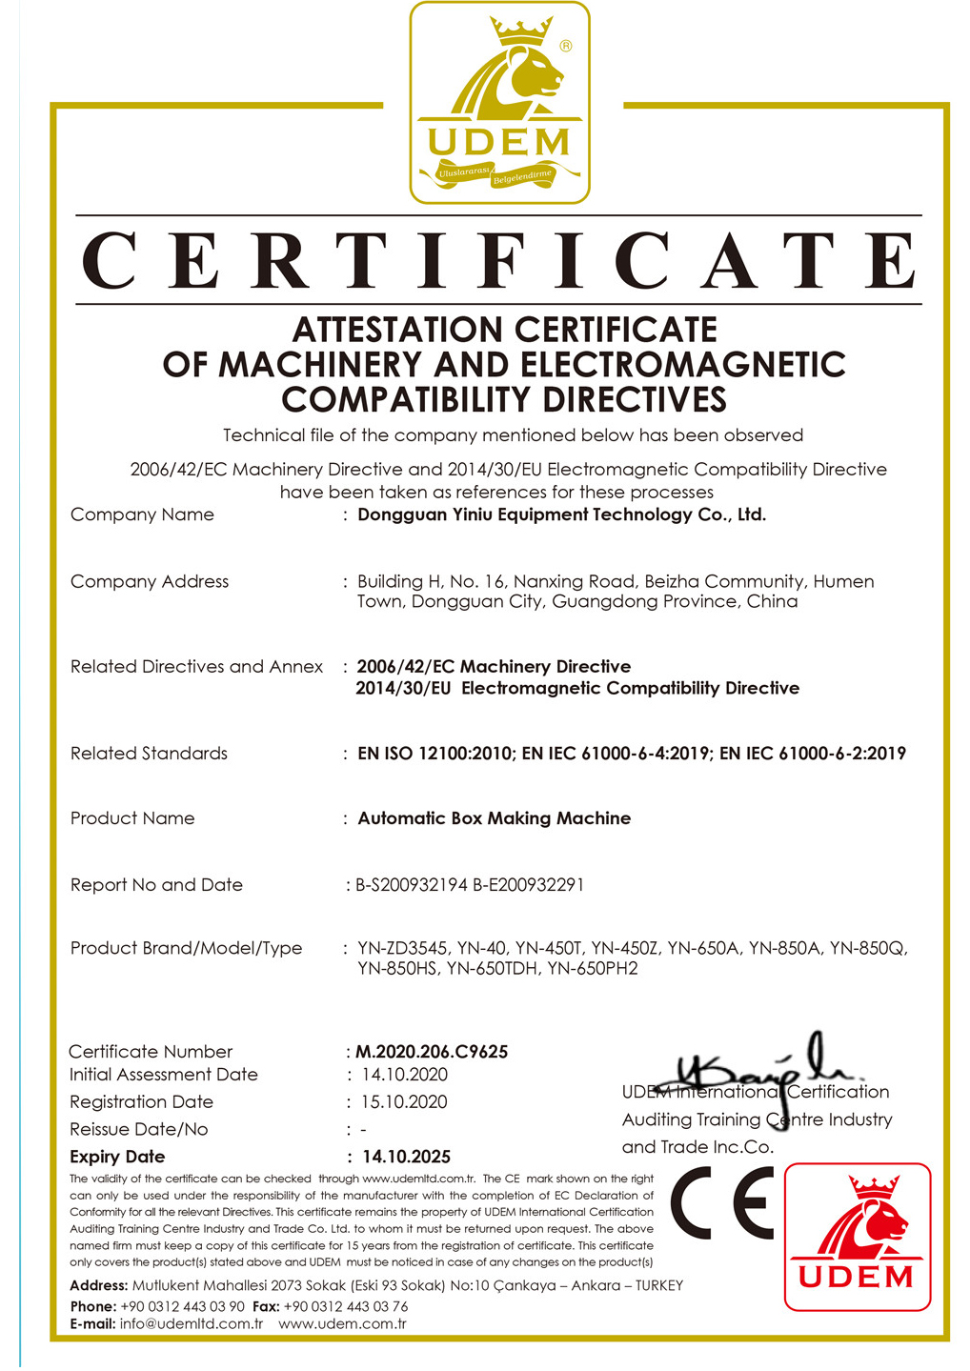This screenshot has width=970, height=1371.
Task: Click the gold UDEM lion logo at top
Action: pyautogui.click(x=499, y=102)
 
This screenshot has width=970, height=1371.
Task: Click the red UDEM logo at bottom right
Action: pyautogui.click(x=857, y=1237)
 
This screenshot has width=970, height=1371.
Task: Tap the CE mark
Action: pyautogui.click(x=722, y=1202)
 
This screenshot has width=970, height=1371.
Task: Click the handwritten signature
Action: pyautogui.click(x=762, y=1067)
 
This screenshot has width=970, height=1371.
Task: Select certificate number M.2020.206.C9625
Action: pyautogui.click(x=432, y=1052)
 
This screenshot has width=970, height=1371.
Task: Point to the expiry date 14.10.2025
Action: pyautogui.click(x=406, y=1157)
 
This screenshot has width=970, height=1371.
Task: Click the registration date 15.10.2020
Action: pyautogui.click(x=404, y=1102)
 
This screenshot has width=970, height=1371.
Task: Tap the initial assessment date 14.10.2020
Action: pyautogui.click(x=404, y=1075)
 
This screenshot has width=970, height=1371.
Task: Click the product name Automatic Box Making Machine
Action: pyautogui.click(x=494, y=818)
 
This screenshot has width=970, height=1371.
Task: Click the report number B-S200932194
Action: pyautogui.click(x=412, y=885)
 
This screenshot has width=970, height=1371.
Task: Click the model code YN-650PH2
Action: pyautogui.click(x=592, y=969)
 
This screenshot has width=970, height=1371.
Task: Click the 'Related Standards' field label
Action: pyautogui.click(x=149, y=754)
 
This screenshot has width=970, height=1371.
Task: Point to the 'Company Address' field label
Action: pyautogui.click(x=150, y=581)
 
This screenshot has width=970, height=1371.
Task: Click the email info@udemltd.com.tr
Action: pyautogui.click(x=191, y=1324)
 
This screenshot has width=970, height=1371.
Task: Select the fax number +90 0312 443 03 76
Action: pyautogui.click(x=345, y=1306)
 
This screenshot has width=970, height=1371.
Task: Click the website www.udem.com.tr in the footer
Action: pyautogui.click(x=342, y=1324)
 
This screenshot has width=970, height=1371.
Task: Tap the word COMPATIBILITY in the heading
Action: pyautogui.click(x=411, y=399)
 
